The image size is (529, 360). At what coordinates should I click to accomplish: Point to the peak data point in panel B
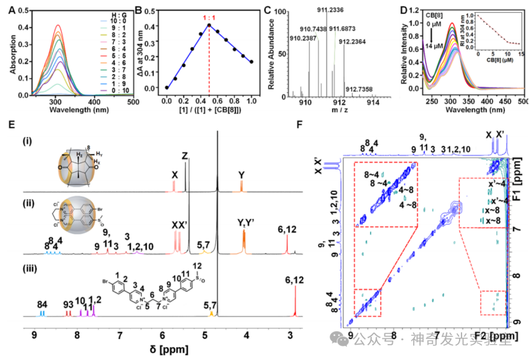[x=209, y=25]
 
